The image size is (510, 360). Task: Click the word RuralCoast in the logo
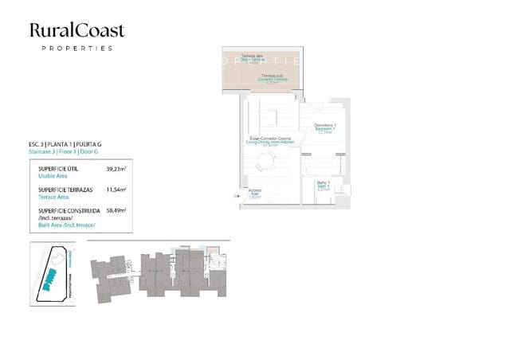[x=76, y=30]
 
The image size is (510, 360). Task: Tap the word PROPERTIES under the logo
[x=76, y=49]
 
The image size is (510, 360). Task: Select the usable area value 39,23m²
[x=116, y=170]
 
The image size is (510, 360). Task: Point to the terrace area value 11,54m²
[x=116, y=190]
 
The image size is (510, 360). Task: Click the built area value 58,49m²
[x=116, y=211]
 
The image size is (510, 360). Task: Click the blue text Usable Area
[x=53, y=177]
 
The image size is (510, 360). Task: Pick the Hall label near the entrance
[x=255, y=194]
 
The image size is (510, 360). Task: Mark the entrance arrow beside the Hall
[x=237, y=194]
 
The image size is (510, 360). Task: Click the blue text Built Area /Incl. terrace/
[x=67, y=225]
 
